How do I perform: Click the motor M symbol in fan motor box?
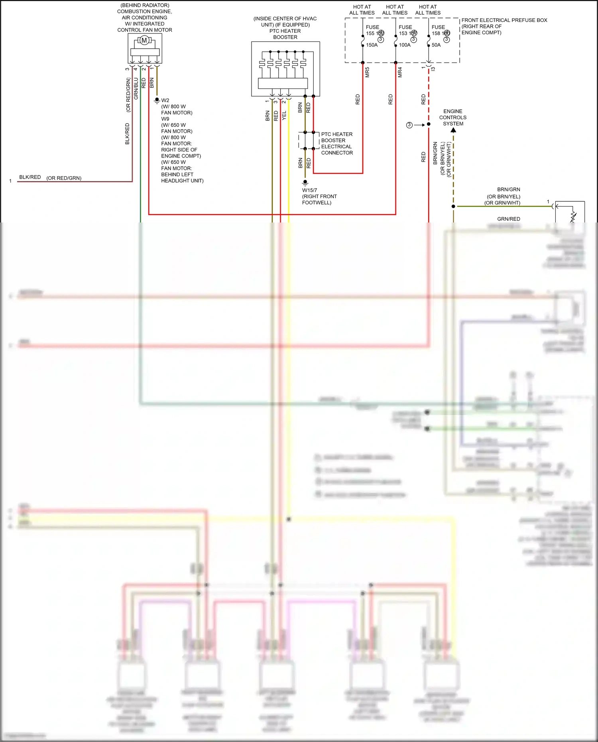(x=144, y=40)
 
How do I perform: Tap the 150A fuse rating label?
(x=372, y=45)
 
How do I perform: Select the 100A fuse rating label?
(x=405, y=45)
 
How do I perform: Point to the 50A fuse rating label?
(x=436, y=45)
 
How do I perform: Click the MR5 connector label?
(x=367, y=72)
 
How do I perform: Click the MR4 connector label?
(x=400, y=72)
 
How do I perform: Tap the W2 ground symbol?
(x=157, y=100)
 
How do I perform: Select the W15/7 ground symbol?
(x=305, y=183)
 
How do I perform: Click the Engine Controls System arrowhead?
(x=453, y=130)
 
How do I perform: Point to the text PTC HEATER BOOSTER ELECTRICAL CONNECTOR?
(x=337, y=144)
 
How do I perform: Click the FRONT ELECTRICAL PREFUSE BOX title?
(x=504, y=20)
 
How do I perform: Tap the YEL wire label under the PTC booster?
(x=284, y=116)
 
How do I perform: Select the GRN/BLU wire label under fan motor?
(x=136, y=89)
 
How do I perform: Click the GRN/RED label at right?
(x=508, y=219)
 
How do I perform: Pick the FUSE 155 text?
(x=372, y=30)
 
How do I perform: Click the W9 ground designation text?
(x=165, y=119)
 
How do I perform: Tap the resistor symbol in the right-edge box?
(x=573, y=216)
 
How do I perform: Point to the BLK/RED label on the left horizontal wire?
(x=30, y=177)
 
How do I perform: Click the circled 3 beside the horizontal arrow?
(x=409, y=125)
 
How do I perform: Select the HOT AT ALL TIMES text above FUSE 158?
(x=428, y=10)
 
